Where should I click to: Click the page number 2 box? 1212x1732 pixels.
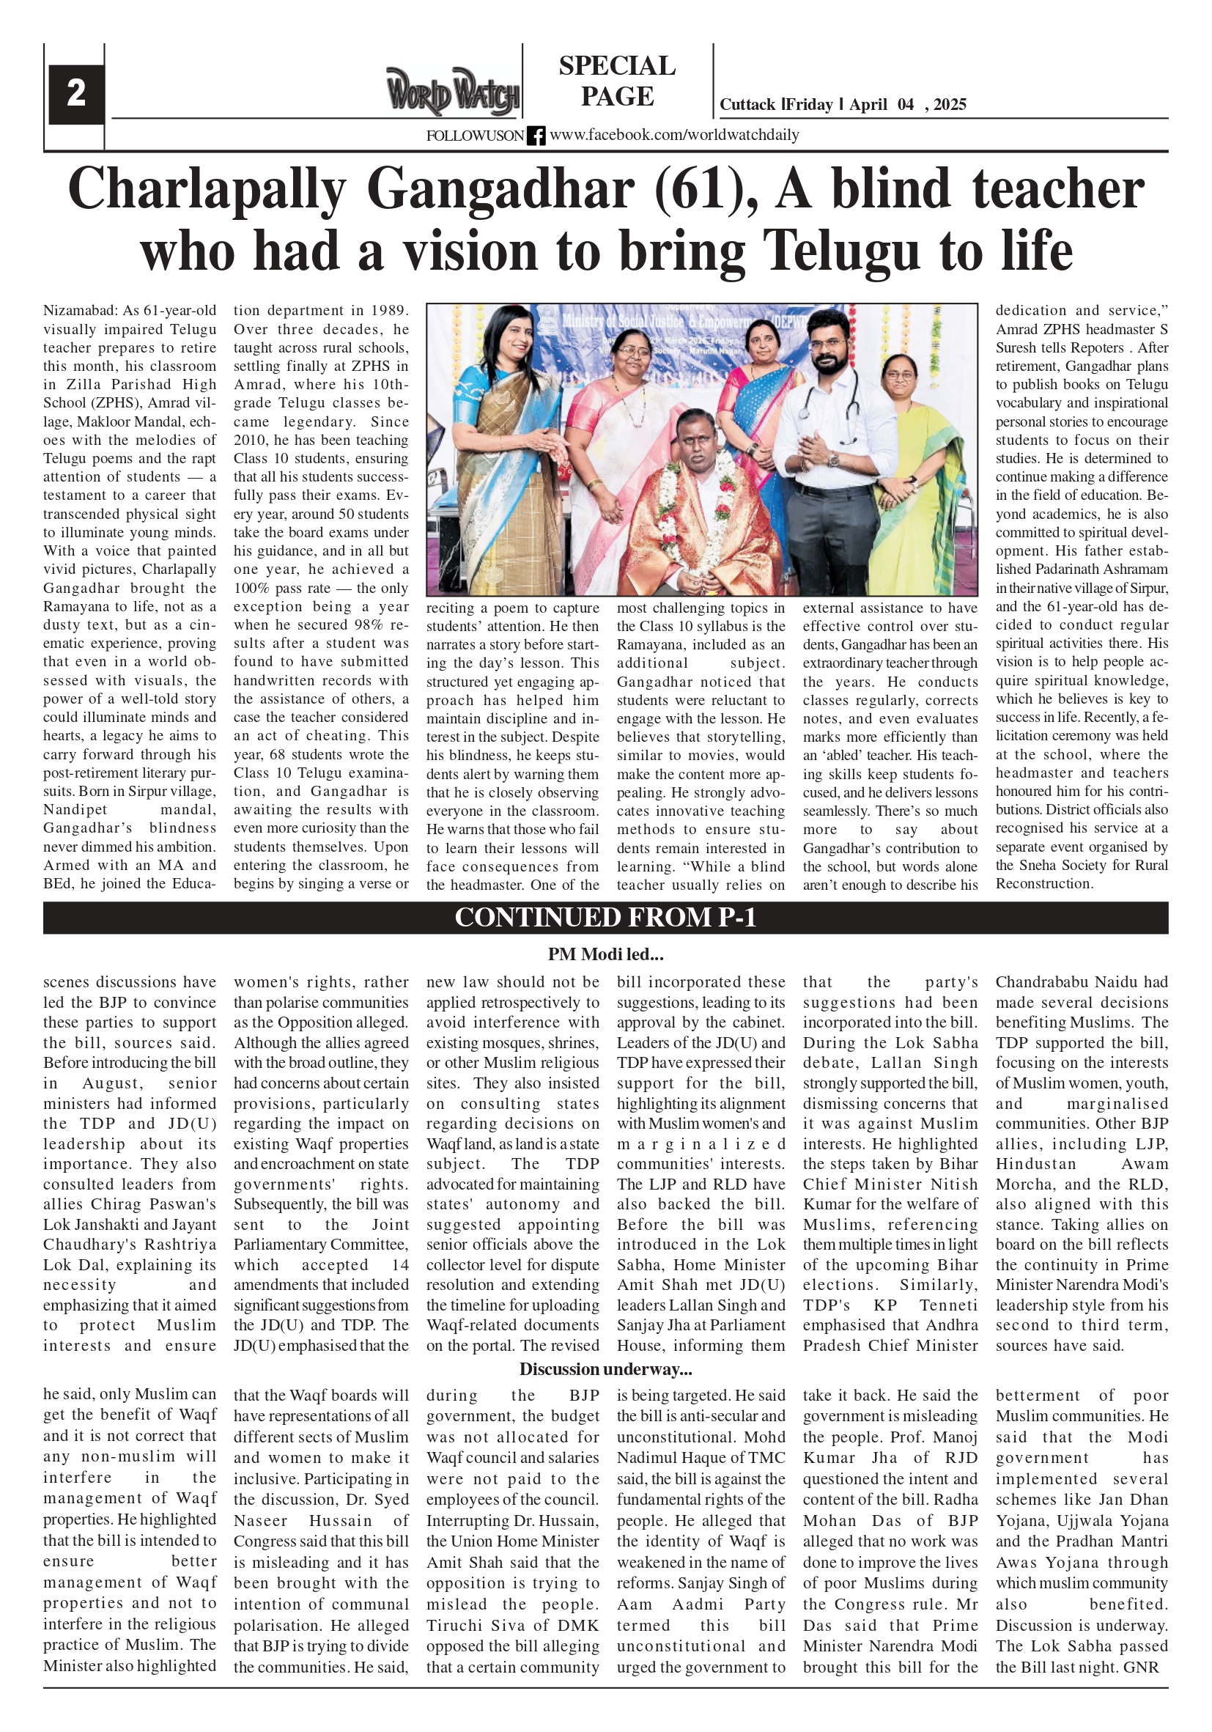coord(75,94)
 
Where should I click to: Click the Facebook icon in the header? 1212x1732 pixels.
coord(536,136)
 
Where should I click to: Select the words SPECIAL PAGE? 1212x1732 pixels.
coord(617,81)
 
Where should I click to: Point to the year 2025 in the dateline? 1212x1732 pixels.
coord(950,105)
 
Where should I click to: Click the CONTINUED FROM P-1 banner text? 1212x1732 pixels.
coord(605,917)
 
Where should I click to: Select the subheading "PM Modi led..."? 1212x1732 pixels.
coord(605,954)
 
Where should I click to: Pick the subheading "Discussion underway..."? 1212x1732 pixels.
coord(605,1369)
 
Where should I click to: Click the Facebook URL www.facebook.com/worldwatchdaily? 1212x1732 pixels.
coord(673,135)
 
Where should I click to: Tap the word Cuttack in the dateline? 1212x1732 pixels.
coord(747,105)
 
